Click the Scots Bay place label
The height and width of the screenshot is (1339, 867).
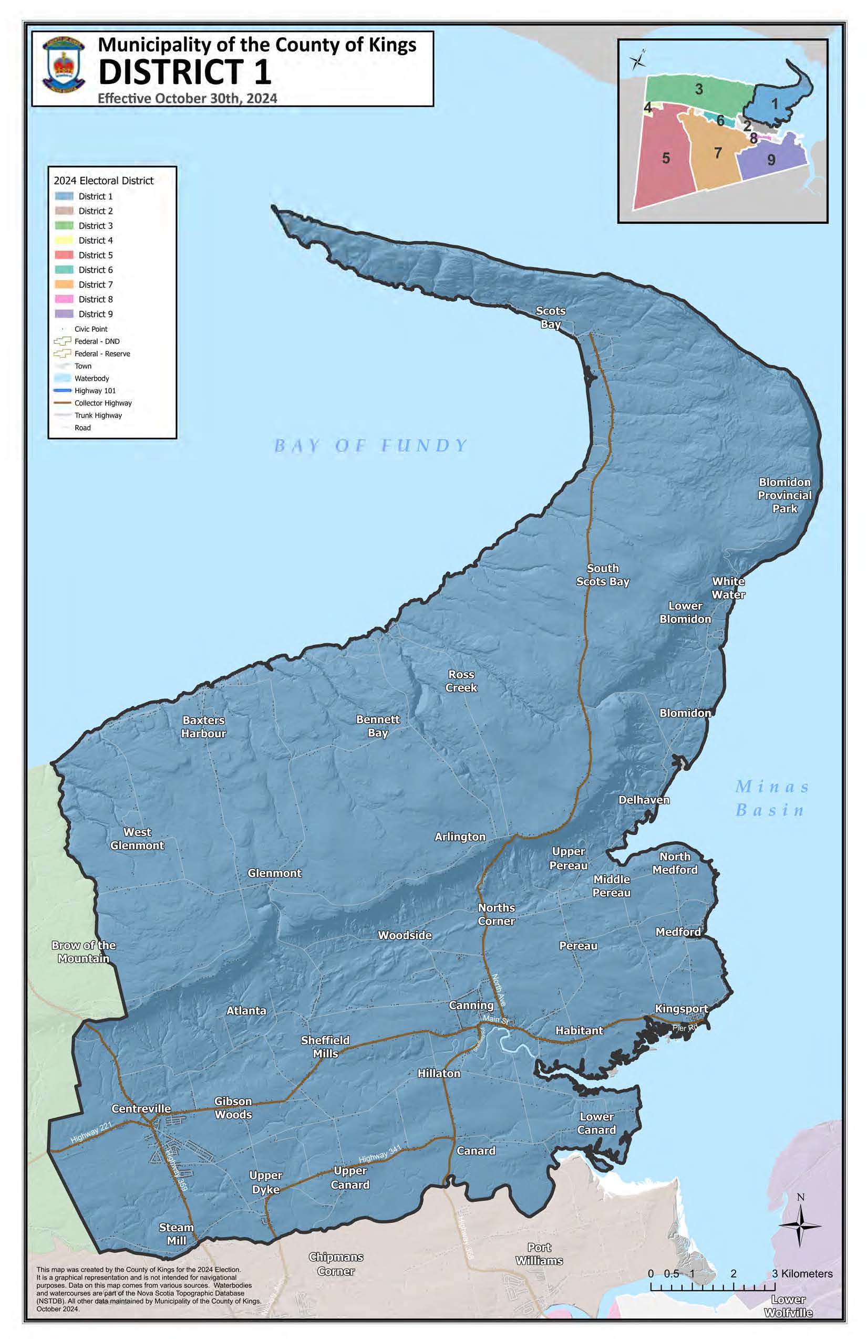[550, 317]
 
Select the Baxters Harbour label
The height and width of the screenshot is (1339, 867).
[203, 726]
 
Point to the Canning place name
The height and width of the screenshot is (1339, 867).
[471, 1005]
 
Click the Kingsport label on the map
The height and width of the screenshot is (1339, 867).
[681, 1008]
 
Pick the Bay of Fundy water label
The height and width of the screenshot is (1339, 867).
[370, 446]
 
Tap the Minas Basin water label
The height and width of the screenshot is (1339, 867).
[771, 798]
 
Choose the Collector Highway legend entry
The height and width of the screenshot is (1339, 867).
[102, 403]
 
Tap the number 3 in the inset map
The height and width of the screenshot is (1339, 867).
[699, 89]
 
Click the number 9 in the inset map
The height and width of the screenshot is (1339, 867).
[771, 160]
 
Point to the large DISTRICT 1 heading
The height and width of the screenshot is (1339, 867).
[184, 72]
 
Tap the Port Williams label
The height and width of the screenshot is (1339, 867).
[539, 1254]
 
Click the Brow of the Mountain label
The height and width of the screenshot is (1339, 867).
[84, 952]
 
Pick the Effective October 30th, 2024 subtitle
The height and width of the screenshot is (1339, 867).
[188, 99]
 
